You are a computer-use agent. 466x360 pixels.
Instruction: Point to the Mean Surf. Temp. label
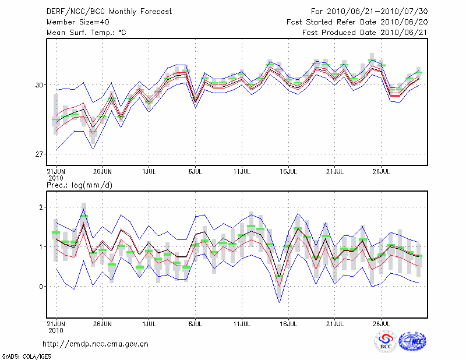(86, 33)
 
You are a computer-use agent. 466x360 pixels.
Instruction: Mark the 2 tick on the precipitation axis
(41, 207)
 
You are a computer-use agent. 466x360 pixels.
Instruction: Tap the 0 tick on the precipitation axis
(41, 287)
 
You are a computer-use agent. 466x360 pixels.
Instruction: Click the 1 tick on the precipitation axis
(41, 247)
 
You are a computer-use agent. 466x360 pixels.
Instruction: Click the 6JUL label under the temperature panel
(196, 172)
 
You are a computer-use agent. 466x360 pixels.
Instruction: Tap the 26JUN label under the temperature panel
(103, 172)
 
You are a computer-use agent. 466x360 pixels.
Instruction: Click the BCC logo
(386, 341)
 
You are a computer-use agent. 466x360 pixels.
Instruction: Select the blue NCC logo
(412, 341)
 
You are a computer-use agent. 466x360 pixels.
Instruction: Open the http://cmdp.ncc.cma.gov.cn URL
(96, 344)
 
